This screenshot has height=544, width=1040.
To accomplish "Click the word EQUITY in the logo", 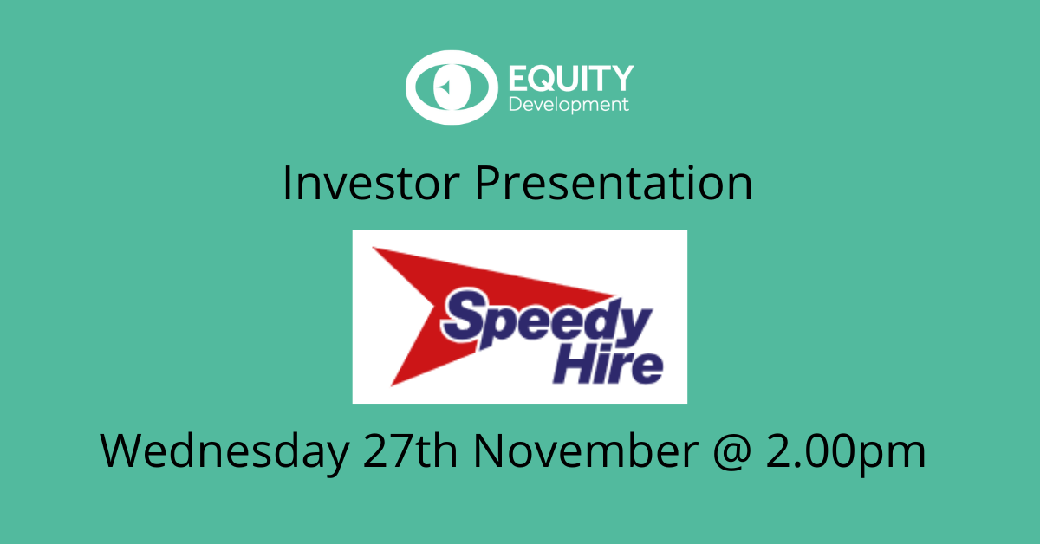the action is pos(571,78).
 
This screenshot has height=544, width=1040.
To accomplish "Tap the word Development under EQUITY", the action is pos(569,105).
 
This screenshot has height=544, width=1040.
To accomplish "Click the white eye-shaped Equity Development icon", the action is pos(452,87).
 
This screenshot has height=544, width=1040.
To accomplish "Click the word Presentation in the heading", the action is pos(614,183).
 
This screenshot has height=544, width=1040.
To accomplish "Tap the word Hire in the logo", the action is pos(608,366).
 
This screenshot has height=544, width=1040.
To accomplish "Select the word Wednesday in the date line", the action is pos(224,451).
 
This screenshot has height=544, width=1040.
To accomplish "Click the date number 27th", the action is pos(410,450).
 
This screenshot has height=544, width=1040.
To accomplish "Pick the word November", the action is pos(586,450).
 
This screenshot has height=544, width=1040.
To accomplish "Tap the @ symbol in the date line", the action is pos(732,452).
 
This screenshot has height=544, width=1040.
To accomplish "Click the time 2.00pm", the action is pos(846,451).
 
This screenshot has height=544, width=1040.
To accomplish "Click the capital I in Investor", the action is pos(286,183).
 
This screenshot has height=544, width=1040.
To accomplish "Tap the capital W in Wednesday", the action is pos(120,450).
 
